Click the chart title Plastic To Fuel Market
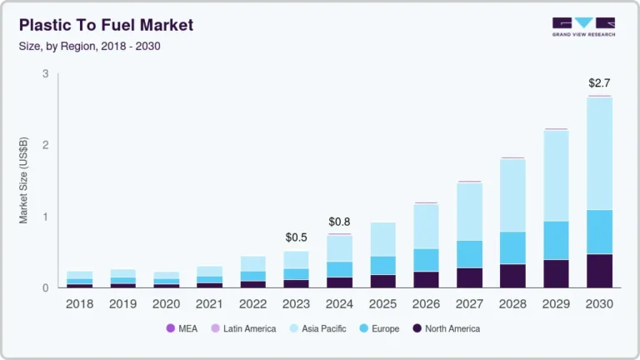106,25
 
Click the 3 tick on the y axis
45,74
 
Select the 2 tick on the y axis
45,145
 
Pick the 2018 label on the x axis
79,305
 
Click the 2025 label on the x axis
382,305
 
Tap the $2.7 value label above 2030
600,83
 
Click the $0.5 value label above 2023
297,237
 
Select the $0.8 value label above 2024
340,222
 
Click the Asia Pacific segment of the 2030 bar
600,154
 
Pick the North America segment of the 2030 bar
600,271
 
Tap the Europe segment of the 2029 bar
556,241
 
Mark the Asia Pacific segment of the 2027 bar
469,212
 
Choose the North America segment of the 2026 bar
426,279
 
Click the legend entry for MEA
182,329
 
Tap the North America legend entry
446,329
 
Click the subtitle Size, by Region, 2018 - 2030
89,46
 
